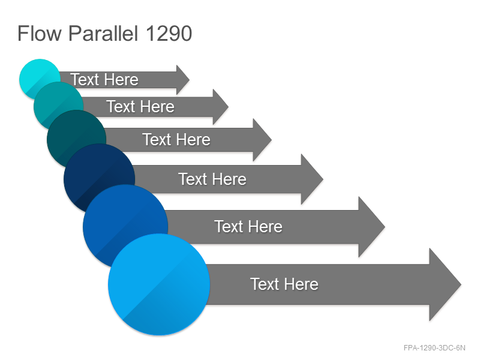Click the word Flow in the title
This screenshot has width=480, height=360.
pos(40,33)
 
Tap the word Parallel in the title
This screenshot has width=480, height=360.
pos(103,33)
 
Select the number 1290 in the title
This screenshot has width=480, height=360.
pos(169,33)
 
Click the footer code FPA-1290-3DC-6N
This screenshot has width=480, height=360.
pos(434,348)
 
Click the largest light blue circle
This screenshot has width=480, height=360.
pos(159,284)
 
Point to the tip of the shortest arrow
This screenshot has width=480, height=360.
pos(190,80)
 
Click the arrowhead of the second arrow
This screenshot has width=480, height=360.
pos(220,107)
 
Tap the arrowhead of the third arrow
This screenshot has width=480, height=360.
pos(262,140)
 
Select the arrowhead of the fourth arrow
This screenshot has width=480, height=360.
pos(312,179)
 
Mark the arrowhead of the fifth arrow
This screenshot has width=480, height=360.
pos(371,227)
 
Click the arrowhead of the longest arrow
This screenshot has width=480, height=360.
pos(445,284)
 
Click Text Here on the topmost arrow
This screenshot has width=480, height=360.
pos(104,80)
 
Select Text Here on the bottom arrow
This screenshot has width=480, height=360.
pos(284,284)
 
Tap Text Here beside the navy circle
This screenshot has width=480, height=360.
pos(212,179)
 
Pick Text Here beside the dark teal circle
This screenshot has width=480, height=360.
pos(176,140)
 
